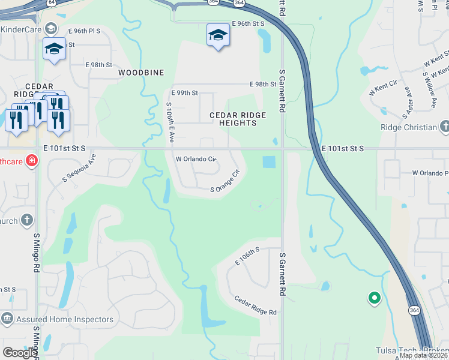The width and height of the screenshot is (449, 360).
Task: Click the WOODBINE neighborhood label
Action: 141,73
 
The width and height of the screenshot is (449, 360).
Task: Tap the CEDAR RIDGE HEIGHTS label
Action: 233,119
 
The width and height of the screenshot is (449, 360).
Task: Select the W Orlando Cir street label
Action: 195,160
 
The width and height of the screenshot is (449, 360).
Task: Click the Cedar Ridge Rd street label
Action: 255,305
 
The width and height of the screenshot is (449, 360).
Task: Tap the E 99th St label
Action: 184,94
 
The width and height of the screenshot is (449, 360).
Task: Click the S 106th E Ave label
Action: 170,121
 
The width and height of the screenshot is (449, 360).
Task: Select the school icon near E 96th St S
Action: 218,36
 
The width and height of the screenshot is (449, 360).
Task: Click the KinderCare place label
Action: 22,29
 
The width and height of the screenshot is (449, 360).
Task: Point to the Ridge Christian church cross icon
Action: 444,127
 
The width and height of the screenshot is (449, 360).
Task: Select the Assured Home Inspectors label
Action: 65,320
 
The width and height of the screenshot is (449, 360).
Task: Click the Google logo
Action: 20,353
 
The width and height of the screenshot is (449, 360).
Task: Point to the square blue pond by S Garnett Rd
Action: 269,162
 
